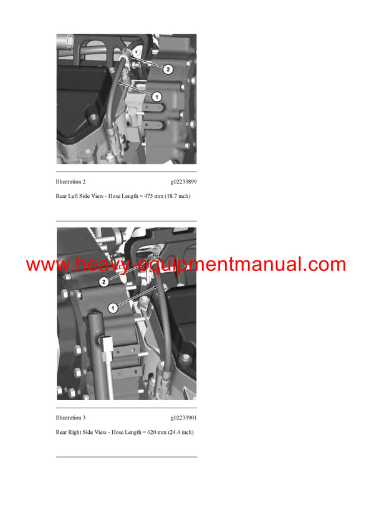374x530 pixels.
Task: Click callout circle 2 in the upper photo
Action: click(168, 69)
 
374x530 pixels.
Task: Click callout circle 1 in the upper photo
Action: click(156, 96)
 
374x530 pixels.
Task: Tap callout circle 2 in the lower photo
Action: click(104, 282)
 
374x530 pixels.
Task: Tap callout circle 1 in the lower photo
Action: click(113, 307)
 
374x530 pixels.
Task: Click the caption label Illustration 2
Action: click(70, 182)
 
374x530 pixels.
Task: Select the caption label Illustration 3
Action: click(70, 418)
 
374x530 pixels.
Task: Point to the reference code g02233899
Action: click(183, 182)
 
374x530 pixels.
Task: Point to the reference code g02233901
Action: click(183, 418)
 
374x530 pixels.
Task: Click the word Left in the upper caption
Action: click(75, 197)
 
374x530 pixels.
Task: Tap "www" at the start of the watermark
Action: click(46, 265)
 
